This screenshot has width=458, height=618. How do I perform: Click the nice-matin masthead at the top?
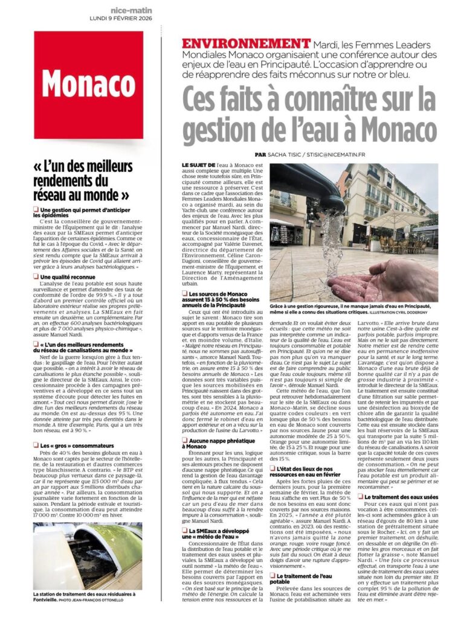pyautogui.click(x=131, y=10)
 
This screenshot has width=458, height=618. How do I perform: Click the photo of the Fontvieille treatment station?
pyautogui.click(x=88, y=556)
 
